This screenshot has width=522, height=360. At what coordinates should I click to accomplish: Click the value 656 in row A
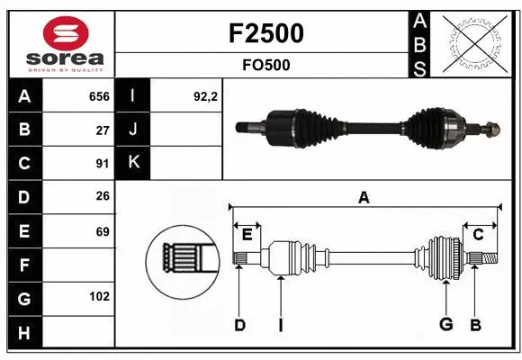click(98, 96)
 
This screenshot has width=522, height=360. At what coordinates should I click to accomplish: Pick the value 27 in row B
click(102, 130)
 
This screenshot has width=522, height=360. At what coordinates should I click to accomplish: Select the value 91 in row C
click(102, 164)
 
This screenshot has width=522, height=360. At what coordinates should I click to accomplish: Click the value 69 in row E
click(102, 231)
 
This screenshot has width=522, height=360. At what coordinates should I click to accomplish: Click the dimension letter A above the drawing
click(364, 197)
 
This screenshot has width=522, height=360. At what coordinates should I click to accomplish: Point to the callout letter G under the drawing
click(445, 325)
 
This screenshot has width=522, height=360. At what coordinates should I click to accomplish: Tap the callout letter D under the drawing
click(239, 325)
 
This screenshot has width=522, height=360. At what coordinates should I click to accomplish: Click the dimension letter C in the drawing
click(478, 234)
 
